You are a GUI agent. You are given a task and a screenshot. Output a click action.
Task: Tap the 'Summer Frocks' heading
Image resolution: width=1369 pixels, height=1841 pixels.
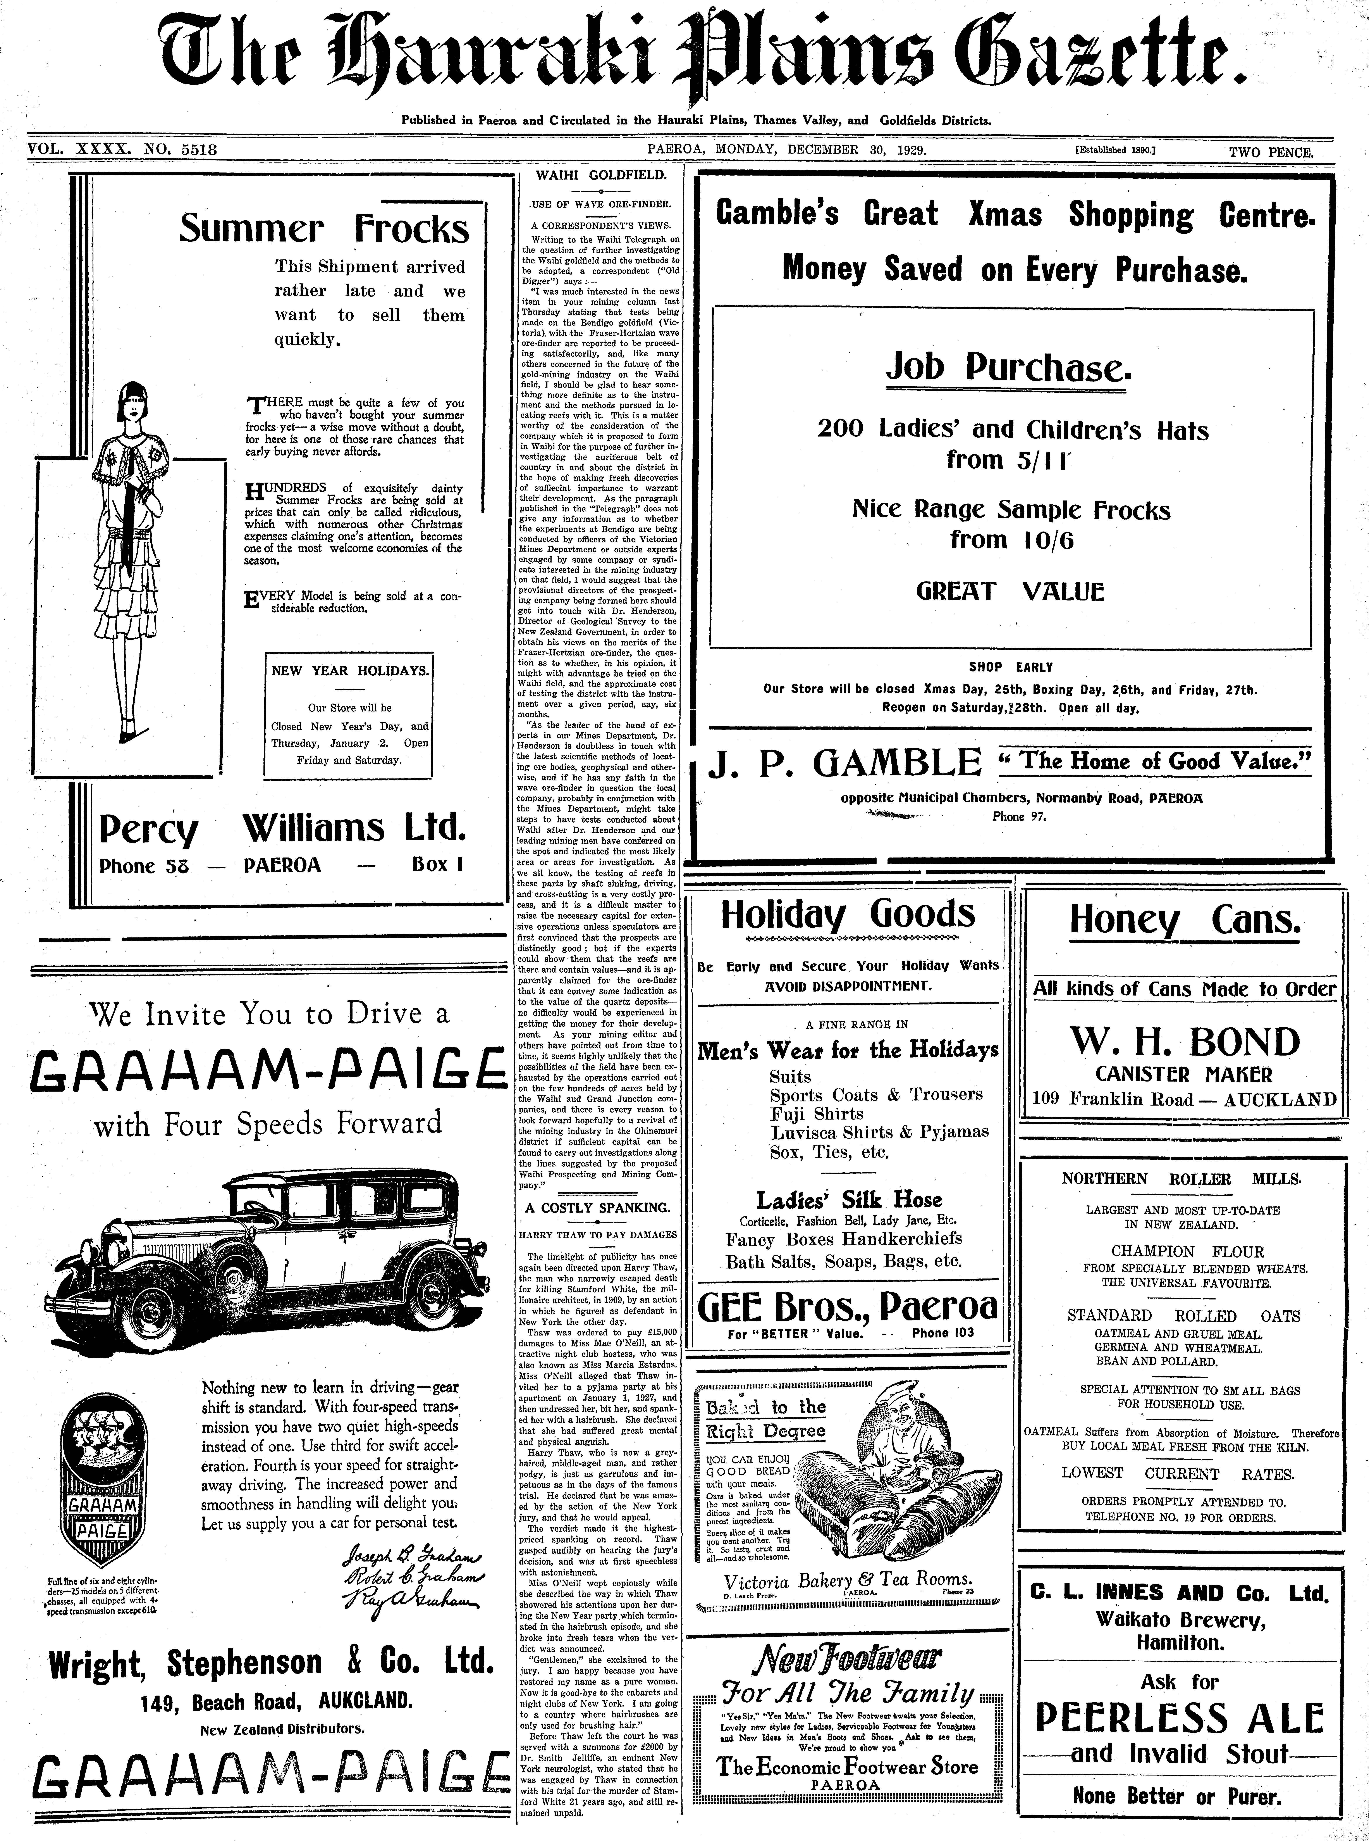coord(324,229)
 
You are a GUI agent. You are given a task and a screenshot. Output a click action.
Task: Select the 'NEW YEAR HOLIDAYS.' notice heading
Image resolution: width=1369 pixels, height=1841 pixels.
coord(350,671)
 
